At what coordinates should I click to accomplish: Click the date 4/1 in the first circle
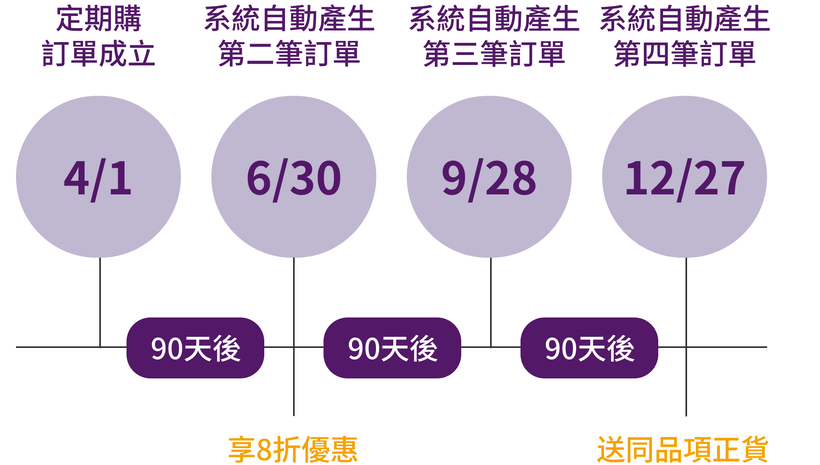point(98,178)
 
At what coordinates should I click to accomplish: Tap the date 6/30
point(293,178)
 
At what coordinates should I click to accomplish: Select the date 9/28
point(489,178)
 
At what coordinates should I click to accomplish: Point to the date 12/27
point(685,178)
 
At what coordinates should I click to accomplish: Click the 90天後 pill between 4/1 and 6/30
point(195,348)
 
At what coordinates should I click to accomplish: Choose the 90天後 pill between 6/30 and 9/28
point(392,348)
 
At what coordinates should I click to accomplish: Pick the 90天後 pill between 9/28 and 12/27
point(589,348)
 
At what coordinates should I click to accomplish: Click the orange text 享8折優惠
point(293,450)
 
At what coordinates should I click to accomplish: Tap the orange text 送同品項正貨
point(683,450)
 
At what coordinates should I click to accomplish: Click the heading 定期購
point(98,19)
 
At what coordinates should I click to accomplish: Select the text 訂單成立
point(98,54)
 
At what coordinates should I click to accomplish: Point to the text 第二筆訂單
point(289,54)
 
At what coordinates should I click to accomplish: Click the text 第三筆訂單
point(494,54)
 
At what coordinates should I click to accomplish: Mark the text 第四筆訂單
point(685,54)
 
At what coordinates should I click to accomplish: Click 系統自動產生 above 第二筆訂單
point(289,19)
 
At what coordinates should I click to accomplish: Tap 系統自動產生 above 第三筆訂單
point(494,19)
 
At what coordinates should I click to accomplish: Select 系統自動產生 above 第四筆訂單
point(685,19)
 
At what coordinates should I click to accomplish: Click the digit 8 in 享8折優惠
point(264,450)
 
